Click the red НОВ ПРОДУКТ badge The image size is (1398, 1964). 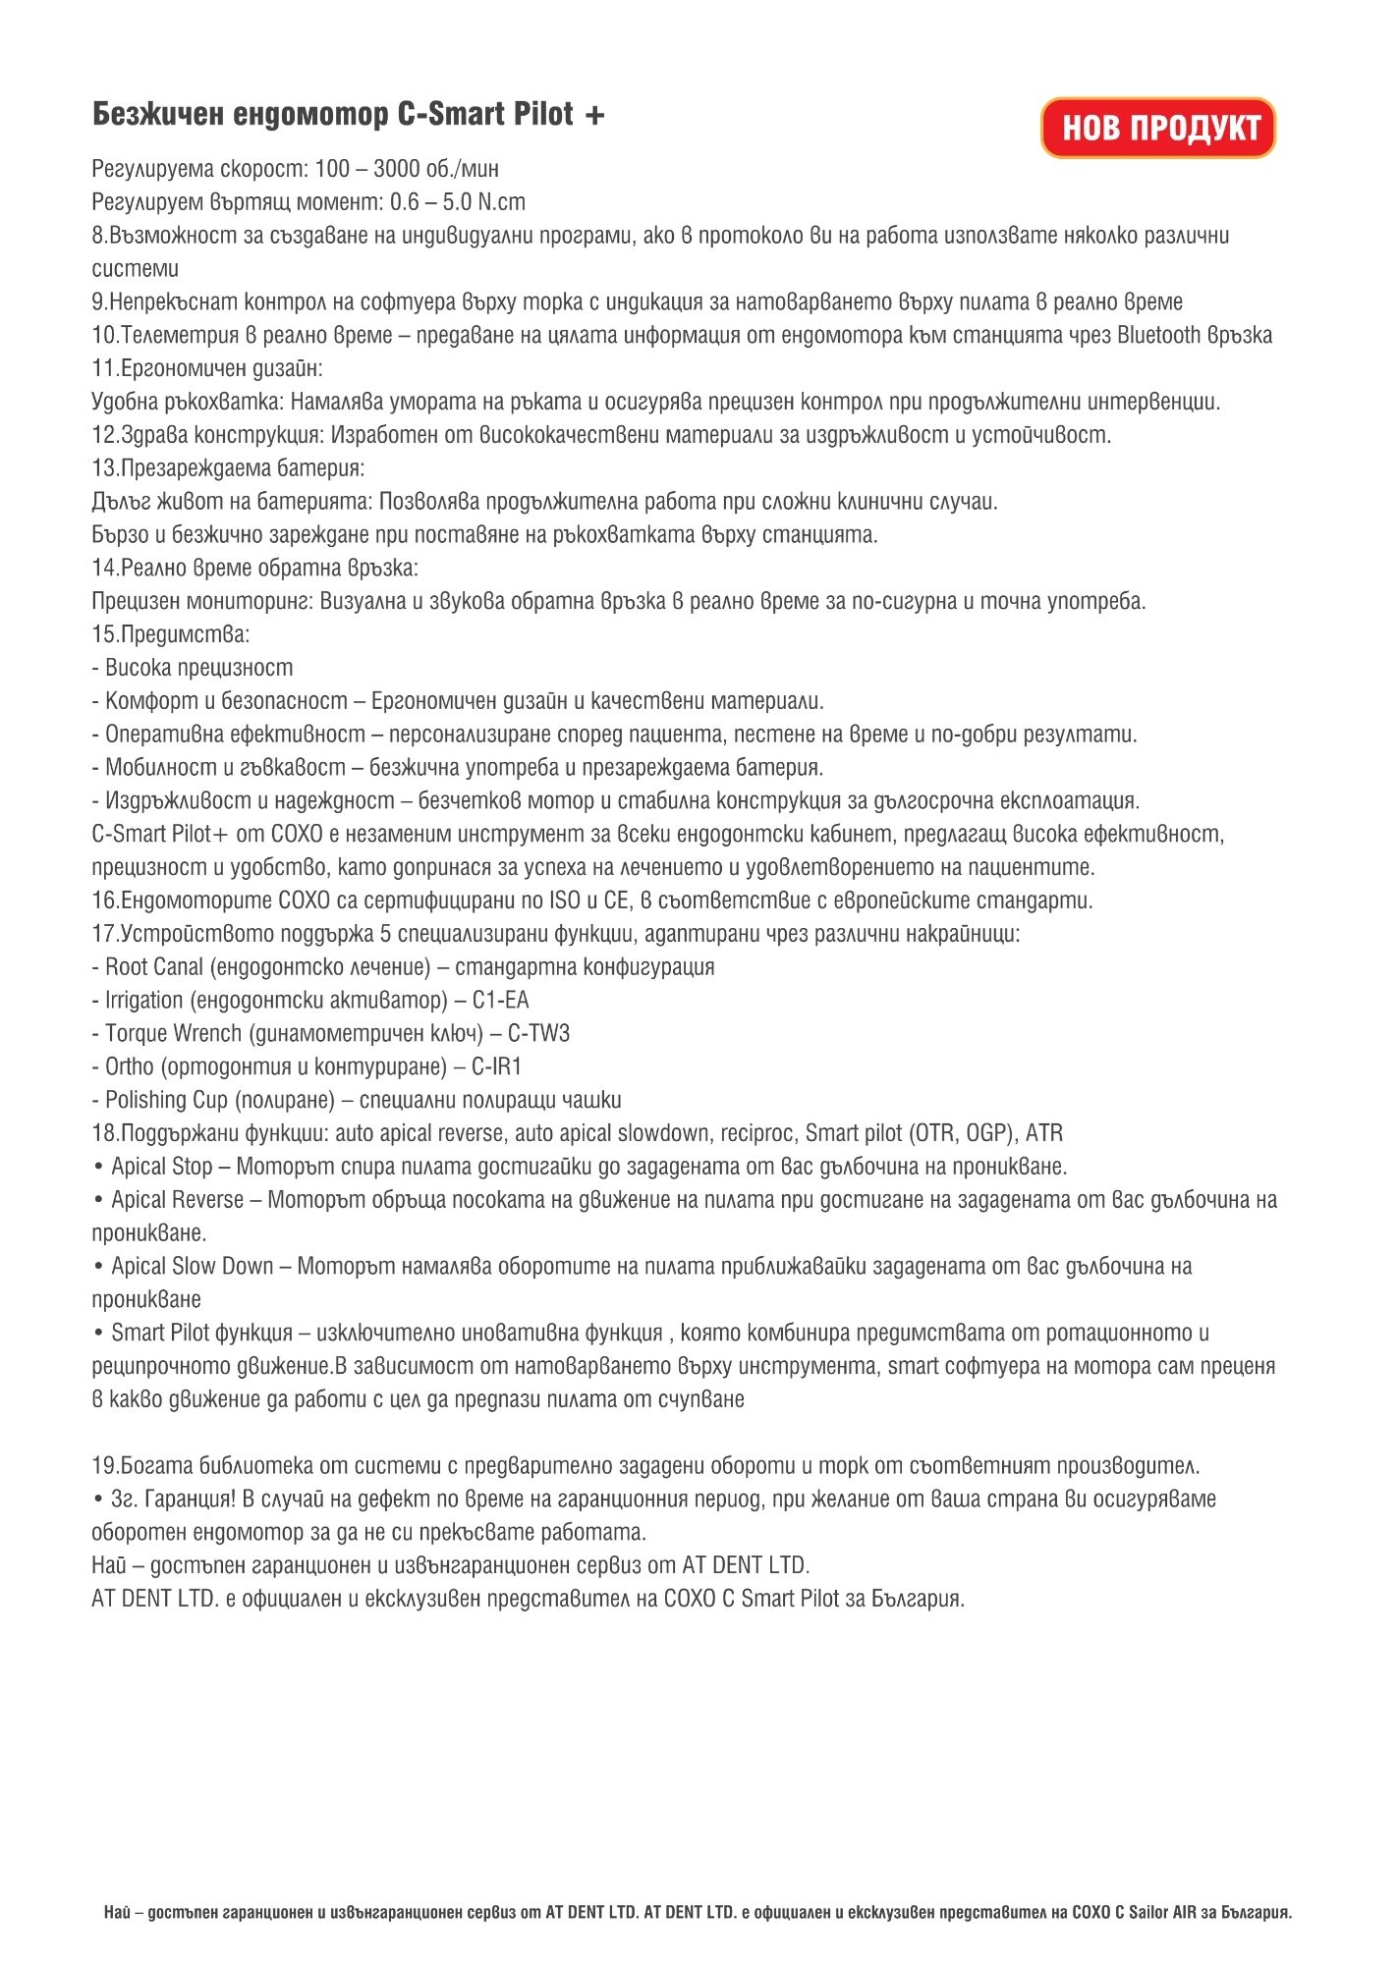(1158, 128)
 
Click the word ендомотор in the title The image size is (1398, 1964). (310, 115)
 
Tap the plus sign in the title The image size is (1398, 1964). (594, 116)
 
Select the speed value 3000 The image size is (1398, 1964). (396, 169)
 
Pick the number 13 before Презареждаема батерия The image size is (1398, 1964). (104, 468)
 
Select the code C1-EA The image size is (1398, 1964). (501, 1001)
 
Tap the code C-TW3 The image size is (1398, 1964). (538, 1034)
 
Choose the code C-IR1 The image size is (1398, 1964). (496, 1067)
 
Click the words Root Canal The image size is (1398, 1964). (154, 967)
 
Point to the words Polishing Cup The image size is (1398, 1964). (166, 1101)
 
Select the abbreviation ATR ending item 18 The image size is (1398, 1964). (1044, 1134)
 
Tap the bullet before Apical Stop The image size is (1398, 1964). (98, 1168)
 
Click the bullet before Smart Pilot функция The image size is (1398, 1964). (98, 1334)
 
